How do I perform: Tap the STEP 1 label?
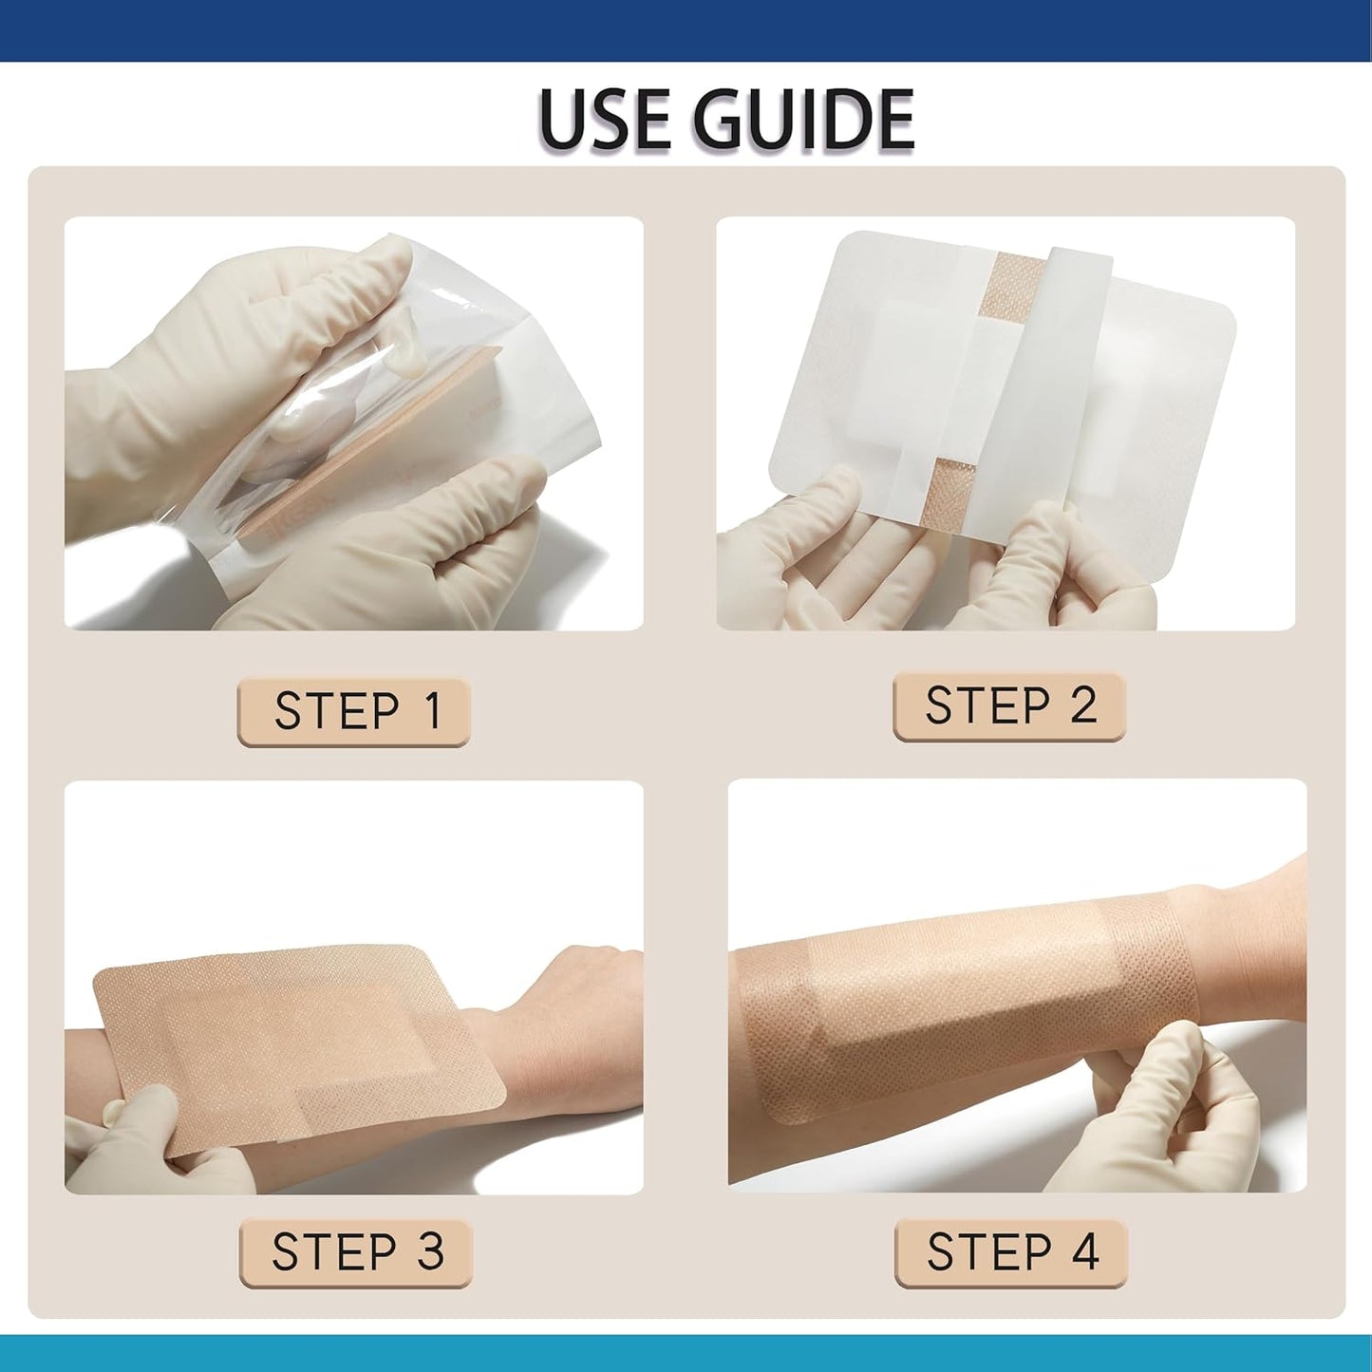(x=353, y=712)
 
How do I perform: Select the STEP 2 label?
(x=1009, y=706)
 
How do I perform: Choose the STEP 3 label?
(x=356, y=1252)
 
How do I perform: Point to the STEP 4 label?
(x=1011, y=1252)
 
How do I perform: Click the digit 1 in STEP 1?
(x=433, y=712)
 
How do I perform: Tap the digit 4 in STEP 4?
(x=1085, y=1252)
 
